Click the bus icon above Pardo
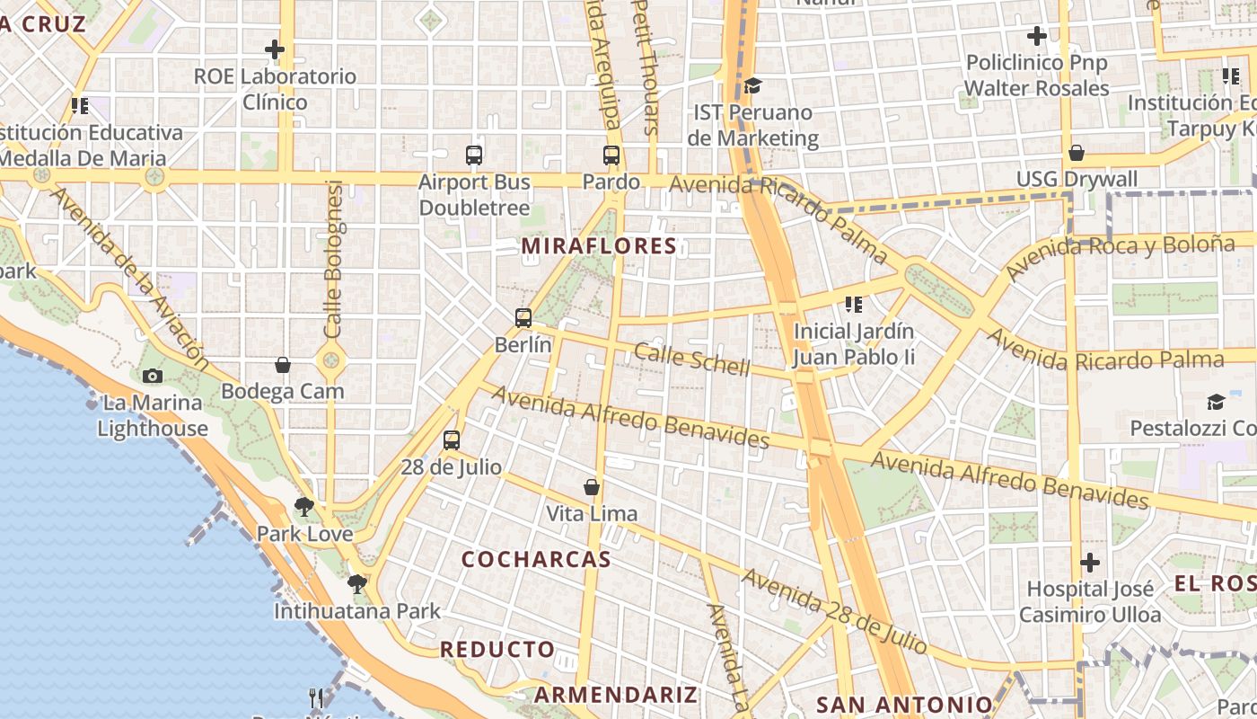tap(611, 155)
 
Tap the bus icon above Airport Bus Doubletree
tap(474, 155)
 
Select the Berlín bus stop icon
tap(523, 317)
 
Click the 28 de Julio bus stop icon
tap(452, 440)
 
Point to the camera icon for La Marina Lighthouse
tap(153, 376)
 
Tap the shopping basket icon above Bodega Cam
tap(283, 365)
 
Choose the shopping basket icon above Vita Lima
tap(592, 487)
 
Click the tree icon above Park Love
tap(304, 507)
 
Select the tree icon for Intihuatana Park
tap(357, 584)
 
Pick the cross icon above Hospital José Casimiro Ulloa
tap(1090, 563)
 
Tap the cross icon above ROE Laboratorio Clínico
tap(275, 49)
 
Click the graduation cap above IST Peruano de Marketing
tap(752, 85)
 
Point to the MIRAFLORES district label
tap(599, 246)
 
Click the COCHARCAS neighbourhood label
tap(536, 559)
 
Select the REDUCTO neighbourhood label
tap(497, 649)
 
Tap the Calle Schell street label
tap(691, 359)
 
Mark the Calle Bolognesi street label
tap(334, 260)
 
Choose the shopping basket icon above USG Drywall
tap(1077, 153)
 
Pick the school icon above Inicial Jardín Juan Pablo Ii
tap(853, 305)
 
